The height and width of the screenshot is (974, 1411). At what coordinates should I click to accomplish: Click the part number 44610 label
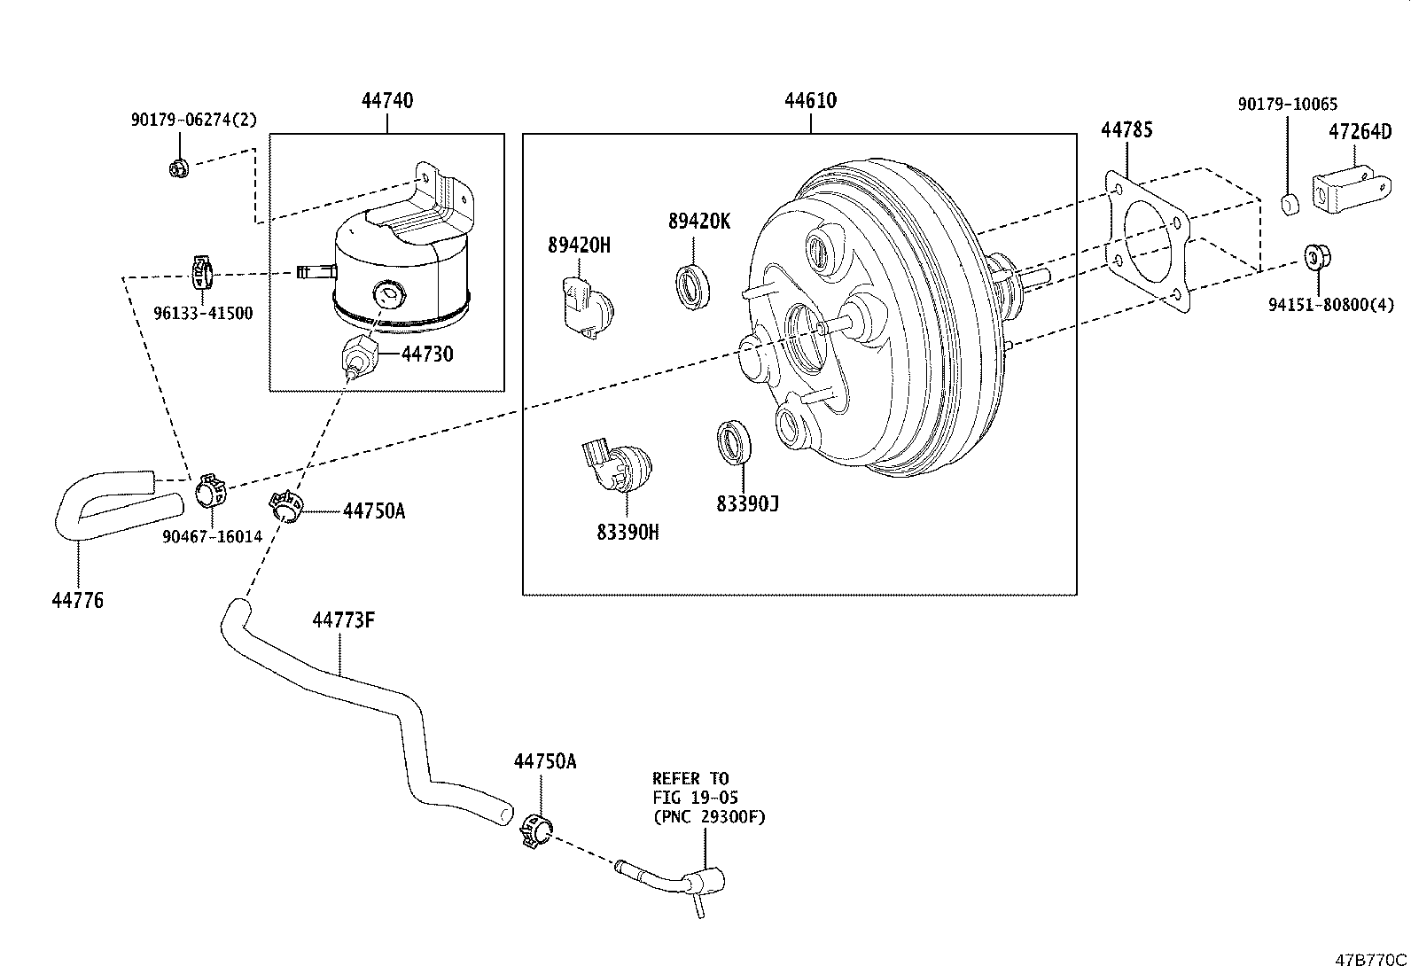(x=810, y=101)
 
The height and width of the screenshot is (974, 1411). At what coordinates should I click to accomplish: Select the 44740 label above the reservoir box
(x=386, y=101)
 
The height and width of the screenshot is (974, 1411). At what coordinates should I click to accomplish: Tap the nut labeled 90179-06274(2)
(x=179, y=167)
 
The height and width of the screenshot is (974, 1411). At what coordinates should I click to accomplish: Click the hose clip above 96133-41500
(x=202, y=272)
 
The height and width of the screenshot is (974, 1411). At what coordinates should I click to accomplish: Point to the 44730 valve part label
(x=426, y=355)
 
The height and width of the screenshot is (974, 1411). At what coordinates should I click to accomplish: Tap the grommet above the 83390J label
(x=733, y=441)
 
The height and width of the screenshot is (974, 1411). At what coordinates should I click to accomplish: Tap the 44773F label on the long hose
(x=343, y=620)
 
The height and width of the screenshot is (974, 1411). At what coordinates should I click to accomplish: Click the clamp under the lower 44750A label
(x=538, y=830)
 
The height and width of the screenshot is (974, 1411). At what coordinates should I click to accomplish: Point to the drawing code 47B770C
(x=1371, y=960)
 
